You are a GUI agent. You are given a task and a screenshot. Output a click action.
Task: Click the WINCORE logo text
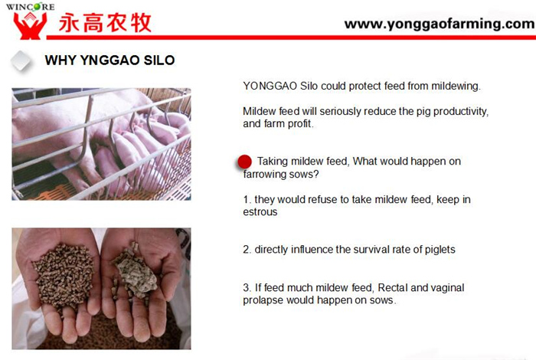[x=30, y=6]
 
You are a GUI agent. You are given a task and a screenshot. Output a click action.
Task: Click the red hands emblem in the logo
[x=30, y=25]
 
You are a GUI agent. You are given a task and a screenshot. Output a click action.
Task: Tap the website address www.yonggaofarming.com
[x=440, y=25]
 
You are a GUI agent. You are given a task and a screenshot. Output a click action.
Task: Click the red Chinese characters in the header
[x=105, y=23]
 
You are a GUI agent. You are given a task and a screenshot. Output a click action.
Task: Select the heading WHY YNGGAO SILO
[x=109, y=61]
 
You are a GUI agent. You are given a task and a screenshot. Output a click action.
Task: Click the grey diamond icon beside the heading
[x=21, y=61]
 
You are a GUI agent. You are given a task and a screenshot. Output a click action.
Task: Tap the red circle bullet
[x=244, y=162]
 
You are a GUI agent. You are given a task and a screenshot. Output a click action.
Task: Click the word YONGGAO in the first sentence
[x=270, y=86]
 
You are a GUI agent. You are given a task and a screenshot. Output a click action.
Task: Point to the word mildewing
[x=456, y=86]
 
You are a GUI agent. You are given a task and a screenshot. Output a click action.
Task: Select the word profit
[x=300, y=123]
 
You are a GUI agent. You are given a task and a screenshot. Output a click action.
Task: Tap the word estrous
[x=260, y=212]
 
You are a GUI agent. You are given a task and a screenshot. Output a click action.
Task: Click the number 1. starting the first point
[x=247, y=199]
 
